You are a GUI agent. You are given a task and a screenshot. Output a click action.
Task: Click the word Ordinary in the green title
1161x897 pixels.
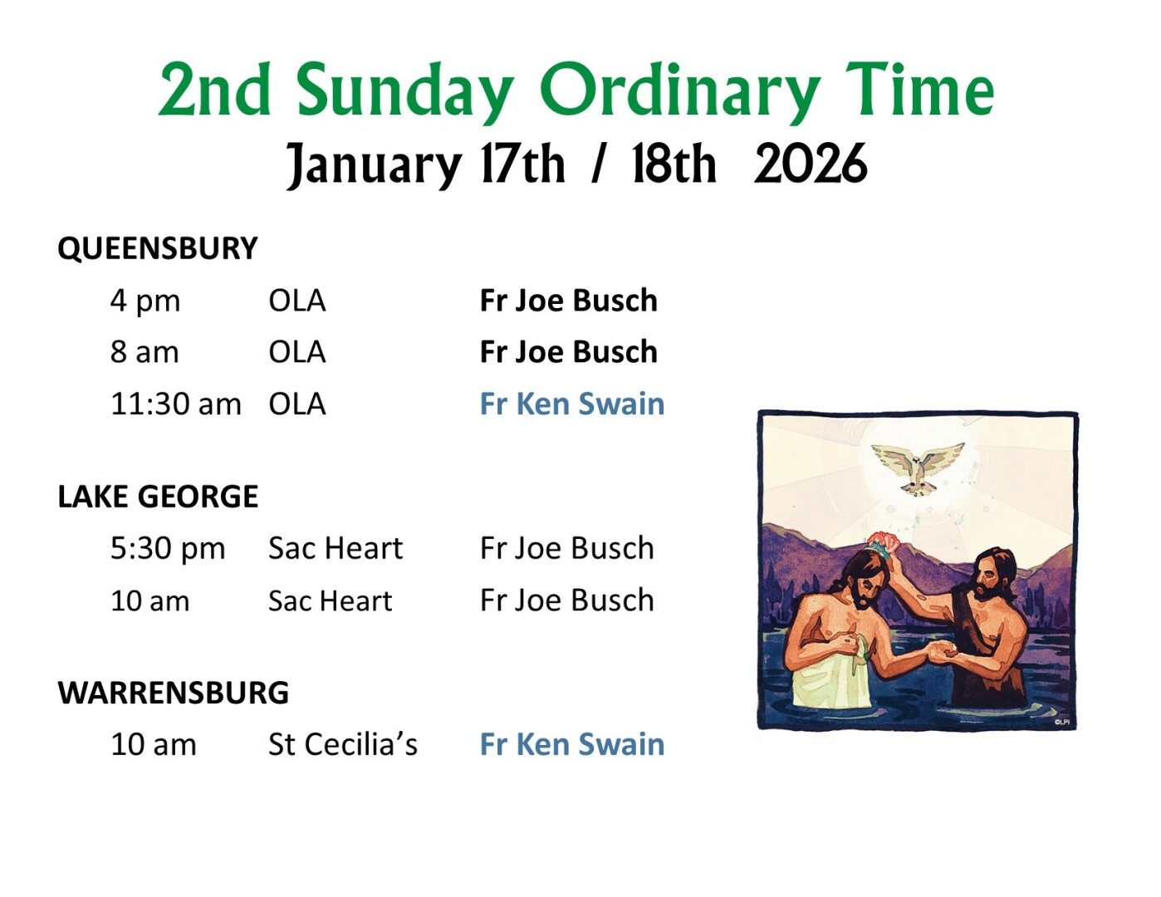[680, 92]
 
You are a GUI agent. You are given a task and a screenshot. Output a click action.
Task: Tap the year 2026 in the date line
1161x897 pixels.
[810, 164]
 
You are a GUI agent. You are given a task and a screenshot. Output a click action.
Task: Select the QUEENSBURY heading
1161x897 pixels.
[158, 248]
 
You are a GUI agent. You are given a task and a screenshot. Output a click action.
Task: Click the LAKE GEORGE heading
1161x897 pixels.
[158, 497]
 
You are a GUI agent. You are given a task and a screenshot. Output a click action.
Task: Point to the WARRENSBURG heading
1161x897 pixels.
[173, 693]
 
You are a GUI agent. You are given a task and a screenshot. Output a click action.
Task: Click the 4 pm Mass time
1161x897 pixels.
[145, 301]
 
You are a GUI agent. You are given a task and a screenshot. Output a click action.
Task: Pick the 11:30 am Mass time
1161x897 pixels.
[176, 404]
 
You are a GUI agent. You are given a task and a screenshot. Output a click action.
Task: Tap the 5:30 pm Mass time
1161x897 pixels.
[168, 549]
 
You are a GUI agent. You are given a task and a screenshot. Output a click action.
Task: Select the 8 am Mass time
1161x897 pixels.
[145, 352]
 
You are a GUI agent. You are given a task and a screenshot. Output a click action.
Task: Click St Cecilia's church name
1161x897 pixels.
[342, 744]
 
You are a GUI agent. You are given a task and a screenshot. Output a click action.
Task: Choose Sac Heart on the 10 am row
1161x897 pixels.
[331, 600]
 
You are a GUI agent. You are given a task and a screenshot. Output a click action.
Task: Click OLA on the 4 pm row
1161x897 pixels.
[297, 301]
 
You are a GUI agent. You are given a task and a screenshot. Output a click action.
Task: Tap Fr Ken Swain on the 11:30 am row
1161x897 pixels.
[571, 404]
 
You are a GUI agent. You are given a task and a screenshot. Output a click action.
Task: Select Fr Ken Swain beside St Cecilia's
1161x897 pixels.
[571, 744]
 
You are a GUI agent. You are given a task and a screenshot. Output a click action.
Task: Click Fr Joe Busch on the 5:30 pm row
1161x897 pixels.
[567, 549]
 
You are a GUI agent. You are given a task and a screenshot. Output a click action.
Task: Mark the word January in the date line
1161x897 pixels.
[375, 165]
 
